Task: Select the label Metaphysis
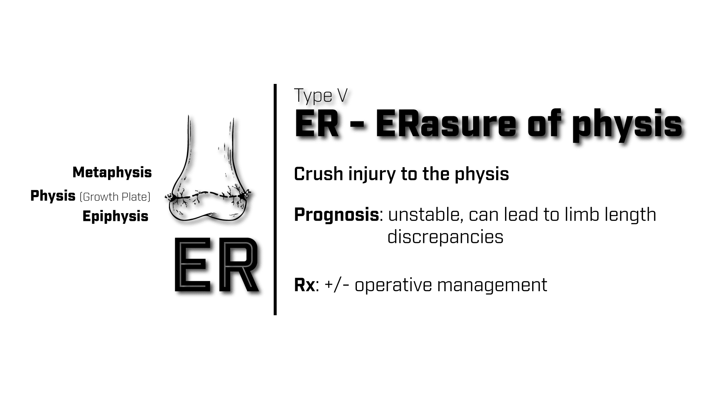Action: pyautogui.click(x=112, y=172)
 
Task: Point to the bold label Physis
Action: pyautogui.click(x=53, y=196)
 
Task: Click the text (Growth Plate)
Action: pyautogui.click(x=115, y=197)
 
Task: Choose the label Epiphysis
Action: pyautogui.click(x=115, y=216)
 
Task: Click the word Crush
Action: pyautogui.click(x=318, y=174)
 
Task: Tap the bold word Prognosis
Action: pyautogui.click(x=336, y=215)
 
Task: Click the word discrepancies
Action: pyautogui.click(x=445, y=237)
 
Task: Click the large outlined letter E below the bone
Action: pyautogui.click(x=192, y=265)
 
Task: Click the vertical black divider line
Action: pyautogui.click(x=275, y=200)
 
